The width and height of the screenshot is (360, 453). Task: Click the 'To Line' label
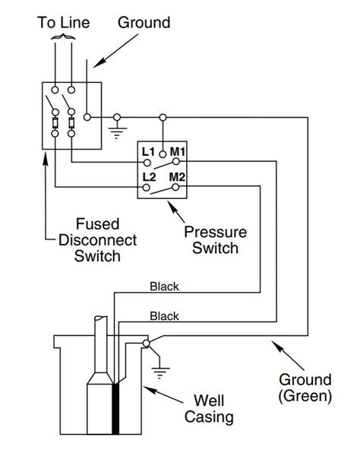click(64, 23)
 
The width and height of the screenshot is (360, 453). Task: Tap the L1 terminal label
click(148, 152)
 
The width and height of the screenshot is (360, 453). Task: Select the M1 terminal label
click(177, 151)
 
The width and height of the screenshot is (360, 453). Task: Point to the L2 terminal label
click(149, 177)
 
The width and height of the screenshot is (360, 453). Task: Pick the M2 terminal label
click(177, 177)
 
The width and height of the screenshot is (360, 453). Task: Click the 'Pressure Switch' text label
click(216, 239)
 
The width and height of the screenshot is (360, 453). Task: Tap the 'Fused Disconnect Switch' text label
click(97, 240)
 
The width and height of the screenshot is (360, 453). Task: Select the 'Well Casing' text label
click(209, 408)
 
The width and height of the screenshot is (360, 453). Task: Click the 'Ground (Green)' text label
click(305, 388)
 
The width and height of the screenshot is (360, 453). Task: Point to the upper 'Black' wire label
click(164, 287)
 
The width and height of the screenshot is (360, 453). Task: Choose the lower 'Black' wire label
click(164, 316)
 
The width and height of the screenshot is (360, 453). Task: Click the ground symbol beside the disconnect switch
click(117, 131)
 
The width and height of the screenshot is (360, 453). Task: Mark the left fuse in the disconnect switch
click(55, 123)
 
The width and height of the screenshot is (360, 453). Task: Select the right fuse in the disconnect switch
click(71, 123)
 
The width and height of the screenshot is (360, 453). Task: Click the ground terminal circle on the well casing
click(147, 344)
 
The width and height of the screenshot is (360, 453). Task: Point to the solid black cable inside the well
click(115, 409)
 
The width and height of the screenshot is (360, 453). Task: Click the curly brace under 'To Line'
click(63, 36)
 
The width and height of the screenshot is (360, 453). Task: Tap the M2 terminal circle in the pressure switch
click(175, 187)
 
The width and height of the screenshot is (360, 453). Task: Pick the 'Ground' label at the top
click(144, 23)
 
